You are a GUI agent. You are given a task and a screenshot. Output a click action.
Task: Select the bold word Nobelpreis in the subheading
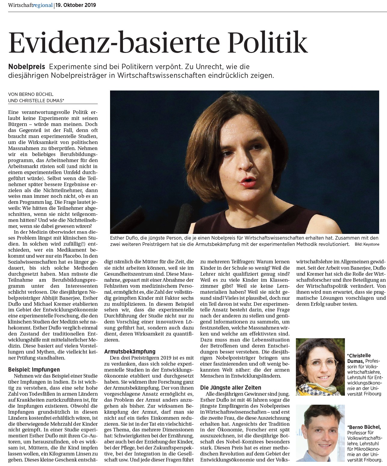[x=27, y=66]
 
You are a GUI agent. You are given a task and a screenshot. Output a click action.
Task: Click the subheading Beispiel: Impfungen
[x=34, y=369]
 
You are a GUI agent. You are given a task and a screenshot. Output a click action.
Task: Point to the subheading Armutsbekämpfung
[x=130, y=351]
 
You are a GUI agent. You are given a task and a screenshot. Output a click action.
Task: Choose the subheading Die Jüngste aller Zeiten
[x=231, y=388]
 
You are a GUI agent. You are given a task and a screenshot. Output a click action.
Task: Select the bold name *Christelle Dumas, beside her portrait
[x=359, y=358]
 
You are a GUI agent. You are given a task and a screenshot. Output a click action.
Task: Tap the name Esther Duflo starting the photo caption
[x=123, y=238]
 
